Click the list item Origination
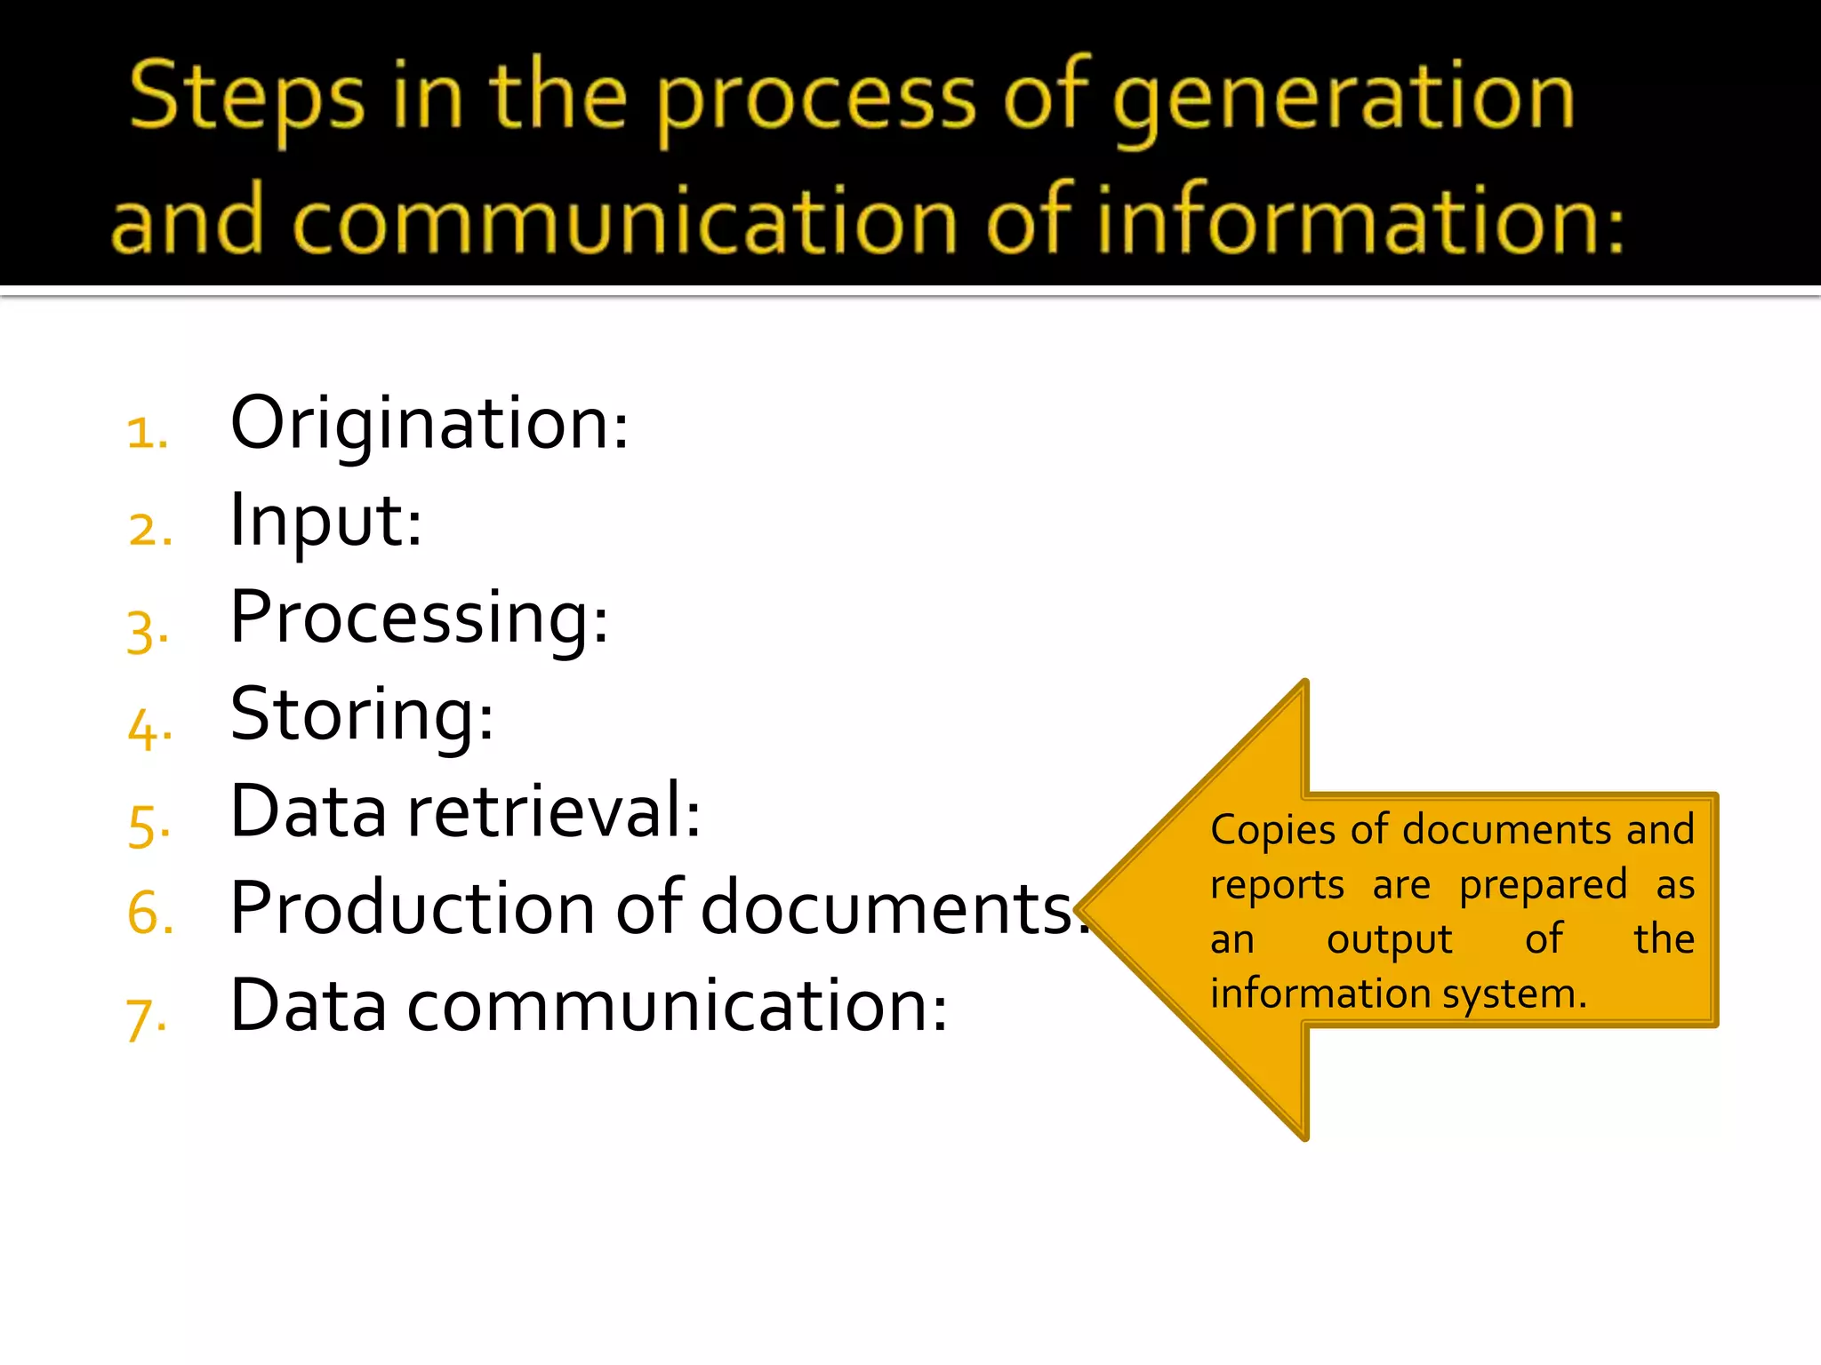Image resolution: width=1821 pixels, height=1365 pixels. click(x=429, y=424)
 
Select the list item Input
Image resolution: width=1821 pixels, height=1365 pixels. click(x=325, y=521)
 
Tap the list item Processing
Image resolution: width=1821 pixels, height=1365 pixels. click(x=419, y=618)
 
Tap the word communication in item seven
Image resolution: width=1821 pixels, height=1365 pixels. click(x=677, y=1006)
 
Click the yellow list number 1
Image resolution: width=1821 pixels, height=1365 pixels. click(x=148, y=434)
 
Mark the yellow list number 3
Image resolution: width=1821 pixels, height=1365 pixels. click(x=148, y=633)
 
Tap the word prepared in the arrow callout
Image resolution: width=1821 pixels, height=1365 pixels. click(x=1543, y=886)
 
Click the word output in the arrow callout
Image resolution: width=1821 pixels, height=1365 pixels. click(x=1389, y=940)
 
